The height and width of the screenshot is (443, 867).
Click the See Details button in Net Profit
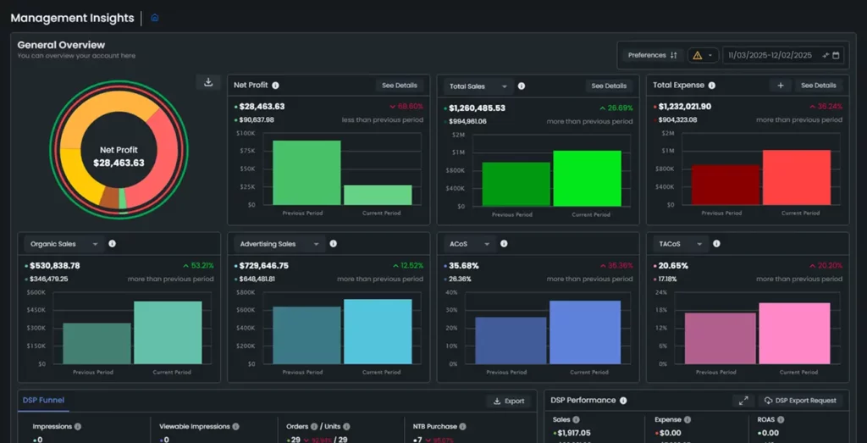click(x=399, y=86)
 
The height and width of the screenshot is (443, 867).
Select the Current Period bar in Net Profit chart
click(x=378, y=195)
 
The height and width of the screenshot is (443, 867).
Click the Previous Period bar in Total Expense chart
click(x=726, y=184)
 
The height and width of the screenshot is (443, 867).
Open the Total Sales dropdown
click(x=479, y=86)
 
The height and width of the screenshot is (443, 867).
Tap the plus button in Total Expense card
click(x=780, y=86)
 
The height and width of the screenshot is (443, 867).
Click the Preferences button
click(x=651, y=55)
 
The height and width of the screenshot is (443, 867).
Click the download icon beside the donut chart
click(x=207, y=82)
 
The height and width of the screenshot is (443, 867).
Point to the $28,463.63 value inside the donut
click(x=119, y=163)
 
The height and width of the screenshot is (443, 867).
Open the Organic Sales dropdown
click(x=64, y=244)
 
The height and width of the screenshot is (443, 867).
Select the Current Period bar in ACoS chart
click(x=584, y=332)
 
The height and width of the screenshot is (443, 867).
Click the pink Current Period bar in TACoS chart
click(x=793, y=333)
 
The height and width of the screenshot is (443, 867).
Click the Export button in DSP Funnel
click(x=509, y=401)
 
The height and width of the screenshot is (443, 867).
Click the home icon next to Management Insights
click(x=154, y=18)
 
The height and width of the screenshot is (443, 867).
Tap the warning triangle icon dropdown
click(x=703, y=55)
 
